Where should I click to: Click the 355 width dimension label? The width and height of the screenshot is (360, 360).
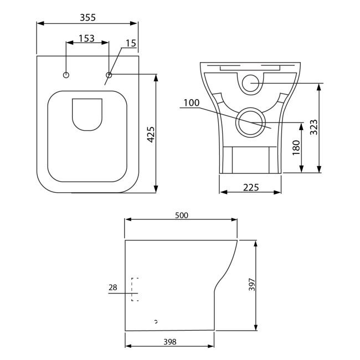coord(87,17)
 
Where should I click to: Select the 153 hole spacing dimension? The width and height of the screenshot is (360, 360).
coord(86,38)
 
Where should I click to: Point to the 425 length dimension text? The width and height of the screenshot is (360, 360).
coord(150,135)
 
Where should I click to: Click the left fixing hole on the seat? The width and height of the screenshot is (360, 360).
coord(66,75)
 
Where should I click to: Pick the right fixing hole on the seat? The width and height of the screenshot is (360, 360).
coord(109,75)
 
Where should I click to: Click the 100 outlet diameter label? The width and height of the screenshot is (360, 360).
coord(191,103)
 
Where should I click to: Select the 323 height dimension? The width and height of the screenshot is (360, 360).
coord(313,127)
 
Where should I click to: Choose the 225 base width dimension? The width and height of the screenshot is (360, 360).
coord(251,187)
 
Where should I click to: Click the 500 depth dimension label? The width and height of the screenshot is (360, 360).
coord(182,215)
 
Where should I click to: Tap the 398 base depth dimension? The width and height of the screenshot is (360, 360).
coord(170,342)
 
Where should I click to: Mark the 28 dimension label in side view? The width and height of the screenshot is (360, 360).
coord(113,287)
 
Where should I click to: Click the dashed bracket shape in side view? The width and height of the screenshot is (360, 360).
coord(134,289)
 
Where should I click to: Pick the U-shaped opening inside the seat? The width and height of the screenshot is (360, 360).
coord(88,115)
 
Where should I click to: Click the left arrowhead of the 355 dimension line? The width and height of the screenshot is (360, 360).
coord(39,23)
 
